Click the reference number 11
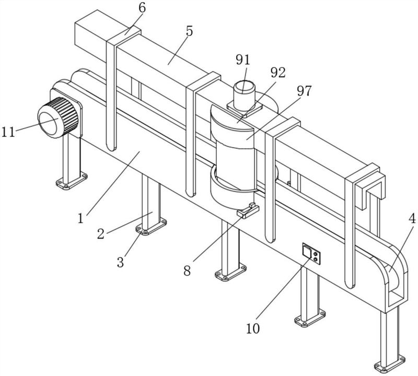(8, 132)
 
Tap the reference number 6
(142, 8)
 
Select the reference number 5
(189, 31)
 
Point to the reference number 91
(243, 60)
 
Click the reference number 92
(278, 73)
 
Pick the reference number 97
(304, 91)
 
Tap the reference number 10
(253, 328)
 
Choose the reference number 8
(187, 271)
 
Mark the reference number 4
(412, 219)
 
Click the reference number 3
(120, 262)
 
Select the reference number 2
(100, 234)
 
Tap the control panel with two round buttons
(311, 253)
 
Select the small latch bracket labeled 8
(248, 210)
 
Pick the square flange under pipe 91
(245, 109)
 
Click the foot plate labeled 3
(151, 227)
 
